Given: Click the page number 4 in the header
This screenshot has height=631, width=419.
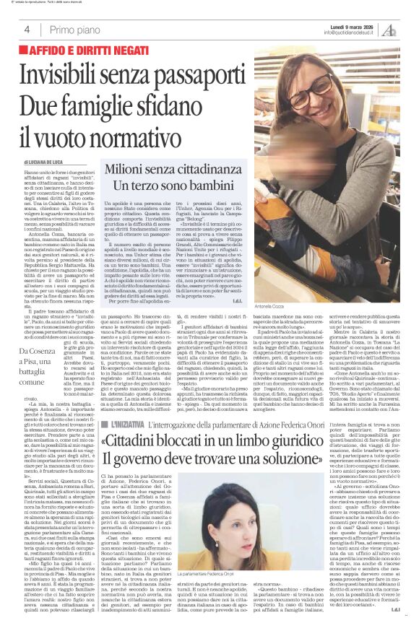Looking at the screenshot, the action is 27,30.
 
